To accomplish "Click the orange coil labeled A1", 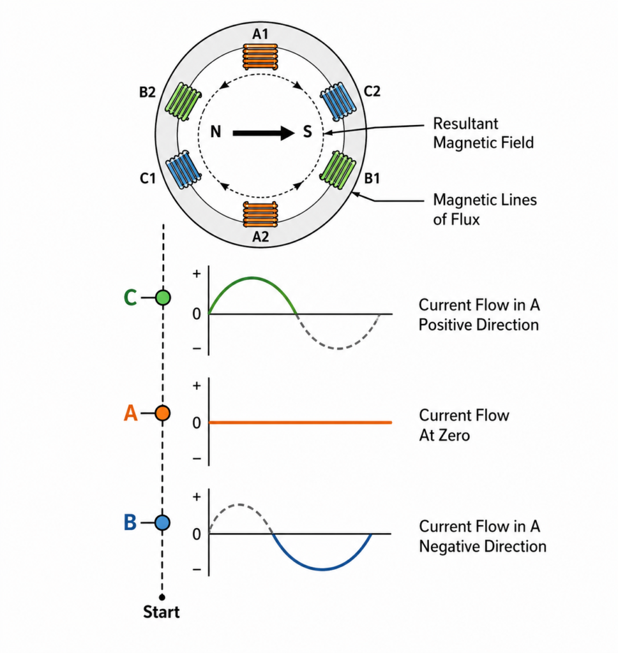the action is point(260,57).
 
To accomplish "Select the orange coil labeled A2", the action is point(260,214).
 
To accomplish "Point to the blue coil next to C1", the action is point(183,170).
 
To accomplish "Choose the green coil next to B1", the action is point(338,170).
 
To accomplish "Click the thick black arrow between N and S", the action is point(264,133).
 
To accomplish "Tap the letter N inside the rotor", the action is point(215,132).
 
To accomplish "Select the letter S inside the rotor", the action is point(307,132).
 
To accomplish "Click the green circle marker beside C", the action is point(163,298).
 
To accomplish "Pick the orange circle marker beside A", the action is point(163,413).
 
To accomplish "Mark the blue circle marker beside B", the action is point(162,522).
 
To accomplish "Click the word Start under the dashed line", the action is point(162,612).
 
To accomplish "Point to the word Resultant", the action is point(465,124).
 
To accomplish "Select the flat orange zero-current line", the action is point(300,422).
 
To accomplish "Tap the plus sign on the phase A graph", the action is point(197,386).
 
